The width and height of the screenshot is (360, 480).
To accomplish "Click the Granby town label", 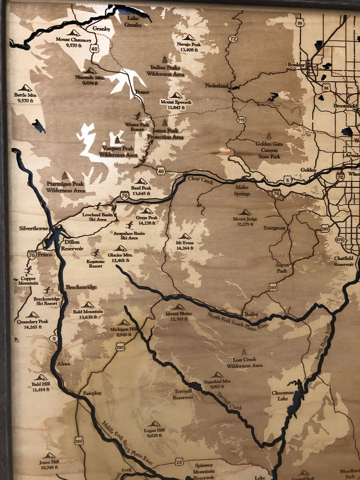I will pos(101,29).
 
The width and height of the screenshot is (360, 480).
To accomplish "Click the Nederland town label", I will pos(216,86).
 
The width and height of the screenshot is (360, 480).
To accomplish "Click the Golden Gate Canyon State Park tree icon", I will pos(269,135).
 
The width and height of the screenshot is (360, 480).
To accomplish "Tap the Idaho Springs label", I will pos(242,190).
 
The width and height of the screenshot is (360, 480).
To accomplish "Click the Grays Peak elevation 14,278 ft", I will pos(147,223).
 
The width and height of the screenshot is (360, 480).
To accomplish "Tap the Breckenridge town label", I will pos(81,287).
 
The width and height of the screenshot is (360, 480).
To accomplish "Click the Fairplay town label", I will pos(92,393).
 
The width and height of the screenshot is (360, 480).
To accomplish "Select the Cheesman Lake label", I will pos(283,396).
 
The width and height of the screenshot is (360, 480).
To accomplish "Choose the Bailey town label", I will pos(251,315).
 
